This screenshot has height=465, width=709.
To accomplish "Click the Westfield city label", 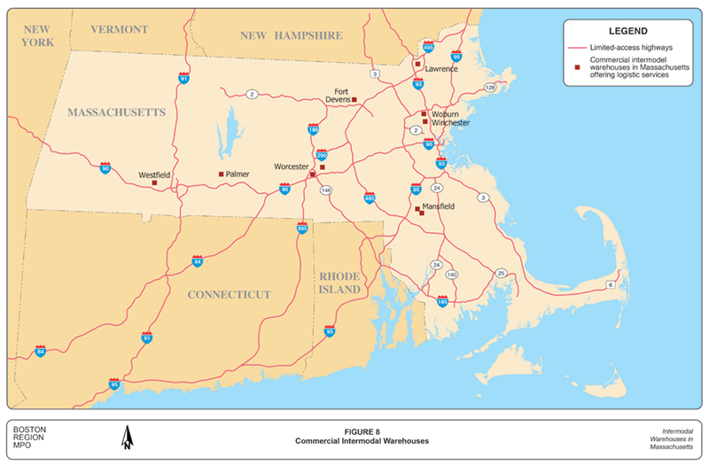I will coord(155,174).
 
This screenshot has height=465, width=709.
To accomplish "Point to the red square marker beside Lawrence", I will coord(417,64).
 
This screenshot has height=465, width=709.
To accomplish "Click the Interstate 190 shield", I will coord(313,129).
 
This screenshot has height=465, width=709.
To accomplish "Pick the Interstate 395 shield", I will coord(302,228).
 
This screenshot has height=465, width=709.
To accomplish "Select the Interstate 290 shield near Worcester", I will coord(322,154).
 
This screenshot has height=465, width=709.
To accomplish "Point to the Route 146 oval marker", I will coord(326,190).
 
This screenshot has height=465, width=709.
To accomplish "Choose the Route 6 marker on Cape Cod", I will coord(610,284).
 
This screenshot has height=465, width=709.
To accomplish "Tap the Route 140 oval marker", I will coord(452,275).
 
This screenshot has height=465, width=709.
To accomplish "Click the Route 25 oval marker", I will coord(502,273).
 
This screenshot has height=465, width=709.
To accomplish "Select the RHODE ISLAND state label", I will coord(340,283).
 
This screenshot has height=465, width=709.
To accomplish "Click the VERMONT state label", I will coord(121,29).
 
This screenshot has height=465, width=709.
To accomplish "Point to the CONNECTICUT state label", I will coord(229,294).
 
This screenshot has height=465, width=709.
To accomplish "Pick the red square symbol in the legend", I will coord(576,67).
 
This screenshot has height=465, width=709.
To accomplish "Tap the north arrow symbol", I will coord(127,437).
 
